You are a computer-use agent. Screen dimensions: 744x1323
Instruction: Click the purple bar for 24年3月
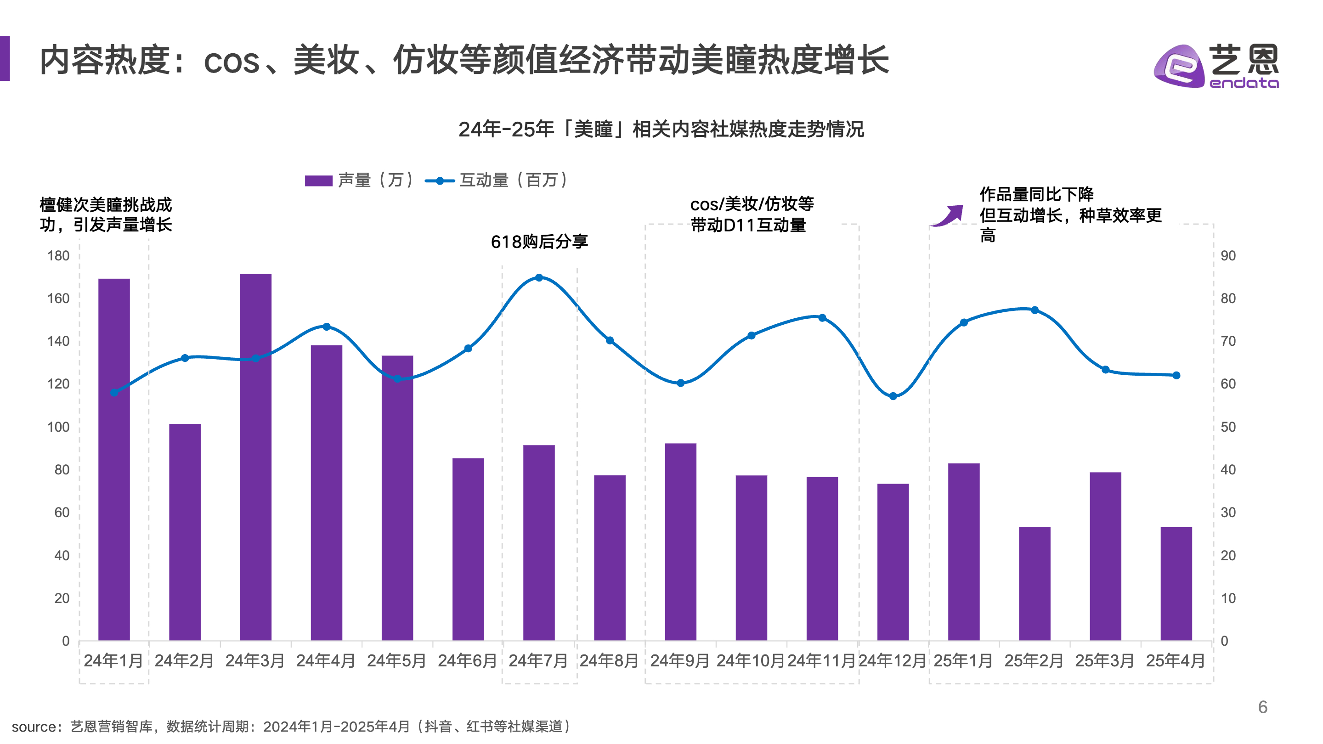(x=256, y=457)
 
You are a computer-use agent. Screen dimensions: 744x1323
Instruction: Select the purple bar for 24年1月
(x=114, y=460)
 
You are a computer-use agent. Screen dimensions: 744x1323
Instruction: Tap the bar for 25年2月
(x=1035, y=583)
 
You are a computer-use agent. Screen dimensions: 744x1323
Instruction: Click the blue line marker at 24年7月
(x=539, y=278)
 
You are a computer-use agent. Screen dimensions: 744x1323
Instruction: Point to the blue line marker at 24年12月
(x=893, y=396)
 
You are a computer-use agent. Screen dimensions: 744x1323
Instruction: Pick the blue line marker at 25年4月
(x=1176, y=375)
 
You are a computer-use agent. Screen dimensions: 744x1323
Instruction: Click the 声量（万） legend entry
(x=360, y=180)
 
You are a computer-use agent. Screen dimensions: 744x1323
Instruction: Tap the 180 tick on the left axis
(x=58, y=256)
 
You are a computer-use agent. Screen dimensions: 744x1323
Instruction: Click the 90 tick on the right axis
(x=1228, y=256)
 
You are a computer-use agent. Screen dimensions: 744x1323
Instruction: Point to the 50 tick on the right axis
(x=1228, y=427)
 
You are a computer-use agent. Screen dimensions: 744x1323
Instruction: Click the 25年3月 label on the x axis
(x=1105, y=660)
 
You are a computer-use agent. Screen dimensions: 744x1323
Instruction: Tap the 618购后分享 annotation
(x=539, y=241)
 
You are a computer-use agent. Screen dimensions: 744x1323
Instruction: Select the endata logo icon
(x=1179, y=66)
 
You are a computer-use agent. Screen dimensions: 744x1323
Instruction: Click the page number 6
(x=1263, y=707)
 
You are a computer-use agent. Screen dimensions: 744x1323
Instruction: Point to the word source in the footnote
(x=34, y=727)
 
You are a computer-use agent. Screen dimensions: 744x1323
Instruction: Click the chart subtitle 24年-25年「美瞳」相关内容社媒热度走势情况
(x=661, y=129)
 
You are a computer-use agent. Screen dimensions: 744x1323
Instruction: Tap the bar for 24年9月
(x=680, y=542)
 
